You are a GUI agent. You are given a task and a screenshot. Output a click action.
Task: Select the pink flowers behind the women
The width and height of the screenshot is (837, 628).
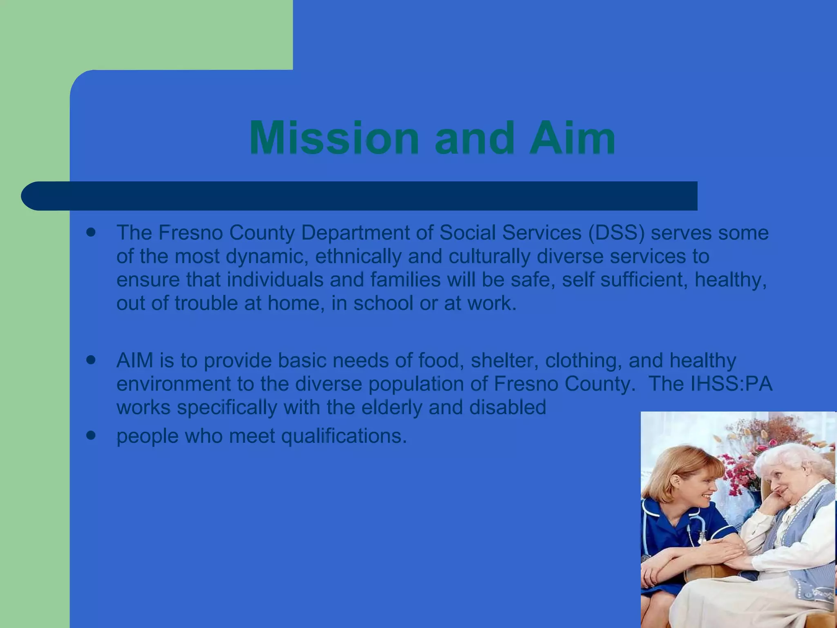pyautogui.click(x=736, y=470)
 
